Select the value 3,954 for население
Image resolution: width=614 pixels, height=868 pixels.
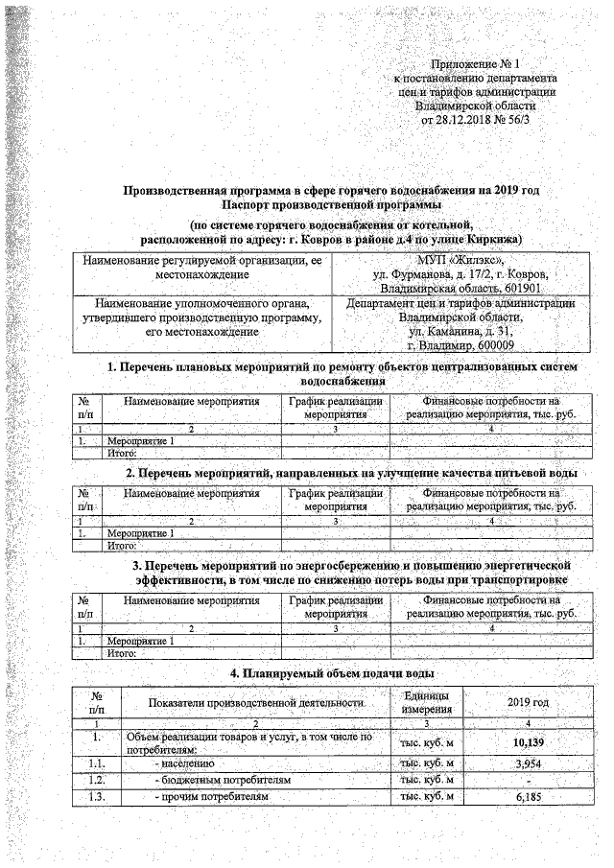point(531,762)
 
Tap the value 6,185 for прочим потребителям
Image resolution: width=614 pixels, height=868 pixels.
point(531,797)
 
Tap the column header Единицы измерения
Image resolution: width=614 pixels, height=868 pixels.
point(426,703)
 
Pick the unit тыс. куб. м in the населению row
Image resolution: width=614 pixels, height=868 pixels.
point(426,762)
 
